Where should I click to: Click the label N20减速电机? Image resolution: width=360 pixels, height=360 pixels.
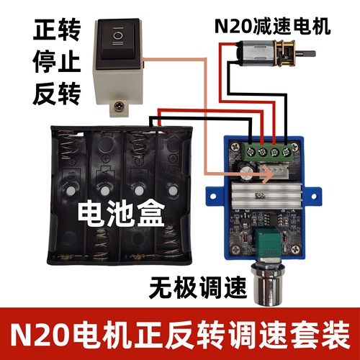tap(272, 27)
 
